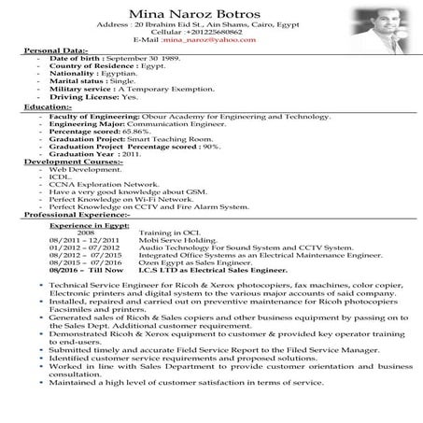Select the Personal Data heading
click(55, 50)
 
